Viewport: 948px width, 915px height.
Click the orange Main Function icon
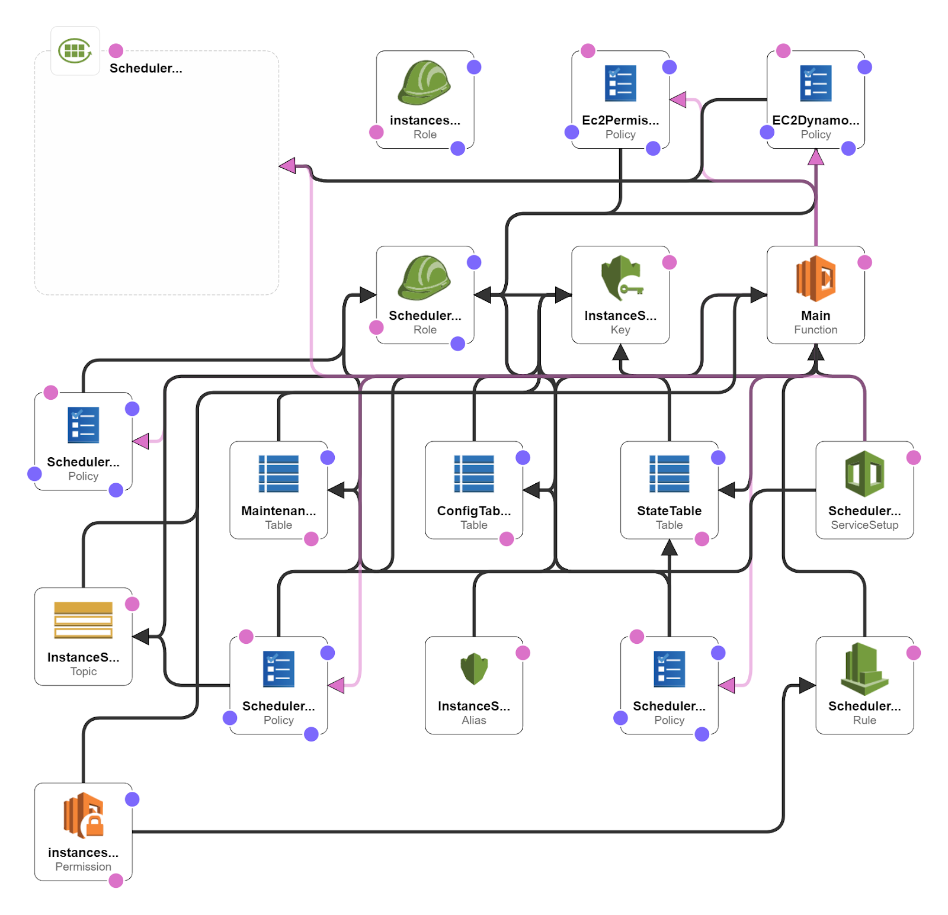(815, 278)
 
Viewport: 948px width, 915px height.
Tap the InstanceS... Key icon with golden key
(620, 278)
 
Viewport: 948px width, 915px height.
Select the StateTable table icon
(669, 474)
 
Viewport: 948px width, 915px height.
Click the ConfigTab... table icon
(473, 474)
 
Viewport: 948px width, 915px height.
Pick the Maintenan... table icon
(278, 474)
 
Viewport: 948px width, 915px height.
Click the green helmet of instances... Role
(424, 83)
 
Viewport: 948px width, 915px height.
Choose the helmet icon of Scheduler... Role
(424, 278)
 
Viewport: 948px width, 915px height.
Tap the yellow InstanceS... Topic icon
(83, 620)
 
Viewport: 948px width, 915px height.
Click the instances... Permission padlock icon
(84, 816)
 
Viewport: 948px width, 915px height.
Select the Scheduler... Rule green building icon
(864, 669)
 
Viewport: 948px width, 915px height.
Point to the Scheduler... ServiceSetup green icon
(864, 474)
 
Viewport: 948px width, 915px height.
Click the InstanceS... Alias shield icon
(473, 669)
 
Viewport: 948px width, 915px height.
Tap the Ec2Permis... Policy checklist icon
(620, 83)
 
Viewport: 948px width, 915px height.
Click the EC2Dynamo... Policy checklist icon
(815, 83)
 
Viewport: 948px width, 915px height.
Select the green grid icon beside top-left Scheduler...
(75, 50)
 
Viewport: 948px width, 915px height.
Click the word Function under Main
(815, 330)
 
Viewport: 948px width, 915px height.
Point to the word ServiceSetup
(864, 525)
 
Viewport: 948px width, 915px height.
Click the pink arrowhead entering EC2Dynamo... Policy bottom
(816, 157)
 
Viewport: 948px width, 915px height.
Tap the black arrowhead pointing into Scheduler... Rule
(807, 685)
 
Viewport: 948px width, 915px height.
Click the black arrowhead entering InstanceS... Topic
(141, 637)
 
